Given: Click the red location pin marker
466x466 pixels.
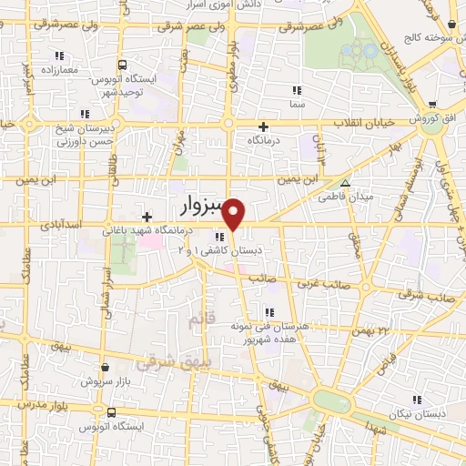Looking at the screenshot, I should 234,214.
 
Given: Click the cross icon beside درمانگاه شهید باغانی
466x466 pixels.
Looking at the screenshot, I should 147,217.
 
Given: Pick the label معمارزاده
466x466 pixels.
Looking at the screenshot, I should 59,69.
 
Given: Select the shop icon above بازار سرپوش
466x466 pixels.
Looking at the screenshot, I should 106,368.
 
